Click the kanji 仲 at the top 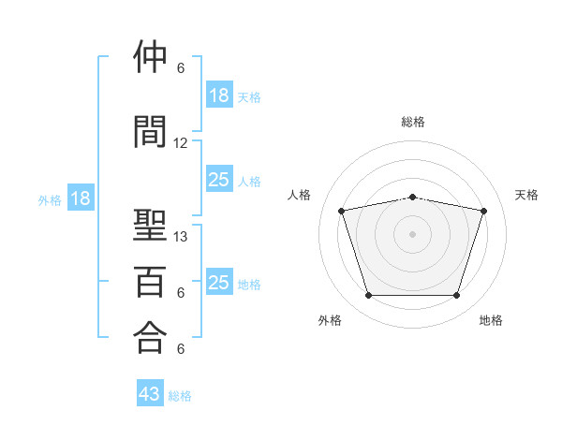click(x=150, y=56)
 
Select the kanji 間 click(x=150, y=131)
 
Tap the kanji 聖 click(x=150, y=225)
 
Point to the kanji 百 click(x=150, y=282)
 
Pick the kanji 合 click(x=150, y=337)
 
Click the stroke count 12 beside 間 click(x=180, y=143)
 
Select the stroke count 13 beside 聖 click(x=180, y=237)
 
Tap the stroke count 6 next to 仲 click(x=181, y=68)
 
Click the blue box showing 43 click(x=150, y=392)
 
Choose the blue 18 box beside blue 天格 click(x=220, y=95)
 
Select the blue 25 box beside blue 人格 click(x=220, y=179)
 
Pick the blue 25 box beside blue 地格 click(x=220, y=281)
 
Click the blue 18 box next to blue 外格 click(x=81, y=198)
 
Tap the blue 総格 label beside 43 click(x=180, y=396)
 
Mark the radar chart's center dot click(x=412, y=234)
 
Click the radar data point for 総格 click(x=412, y=198)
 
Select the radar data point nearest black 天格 click(x=483, y=211)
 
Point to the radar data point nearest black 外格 click(x=369, y=295)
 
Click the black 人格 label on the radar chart click(x=299, y=195)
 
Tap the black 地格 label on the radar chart click(x=491, y=320)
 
